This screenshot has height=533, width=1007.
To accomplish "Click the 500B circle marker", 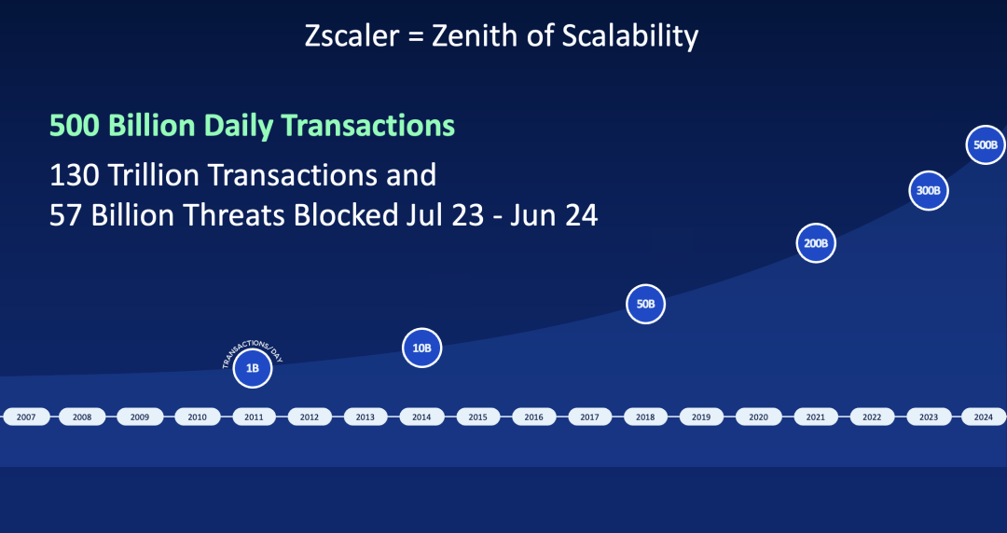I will coord(986,144).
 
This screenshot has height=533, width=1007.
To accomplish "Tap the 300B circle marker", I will coord(929,190).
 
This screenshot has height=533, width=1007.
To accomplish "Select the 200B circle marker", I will coord(816,243).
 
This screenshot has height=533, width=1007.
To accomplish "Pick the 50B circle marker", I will coord(645,304).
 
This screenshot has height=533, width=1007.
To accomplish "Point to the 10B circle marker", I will coord(421,348).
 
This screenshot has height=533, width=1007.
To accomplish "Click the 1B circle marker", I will coord(253,368).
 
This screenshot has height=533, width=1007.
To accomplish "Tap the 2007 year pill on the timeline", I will coord(26,417).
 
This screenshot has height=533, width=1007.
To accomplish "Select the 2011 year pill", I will coord(253,417).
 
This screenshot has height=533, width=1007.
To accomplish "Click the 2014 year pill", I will coord(421,417).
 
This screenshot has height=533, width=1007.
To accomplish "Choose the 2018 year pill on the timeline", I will coord(645,417).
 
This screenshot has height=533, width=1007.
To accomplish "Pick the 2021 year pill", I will coord(814,417).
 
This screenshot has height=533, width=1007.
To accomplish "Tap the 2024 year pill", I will coord(983,417).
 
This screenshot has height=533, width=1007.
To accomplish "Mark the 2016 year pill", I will coord(533,417).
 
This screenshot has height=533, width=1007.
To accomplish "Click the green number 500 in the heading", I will coord(74,125).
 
